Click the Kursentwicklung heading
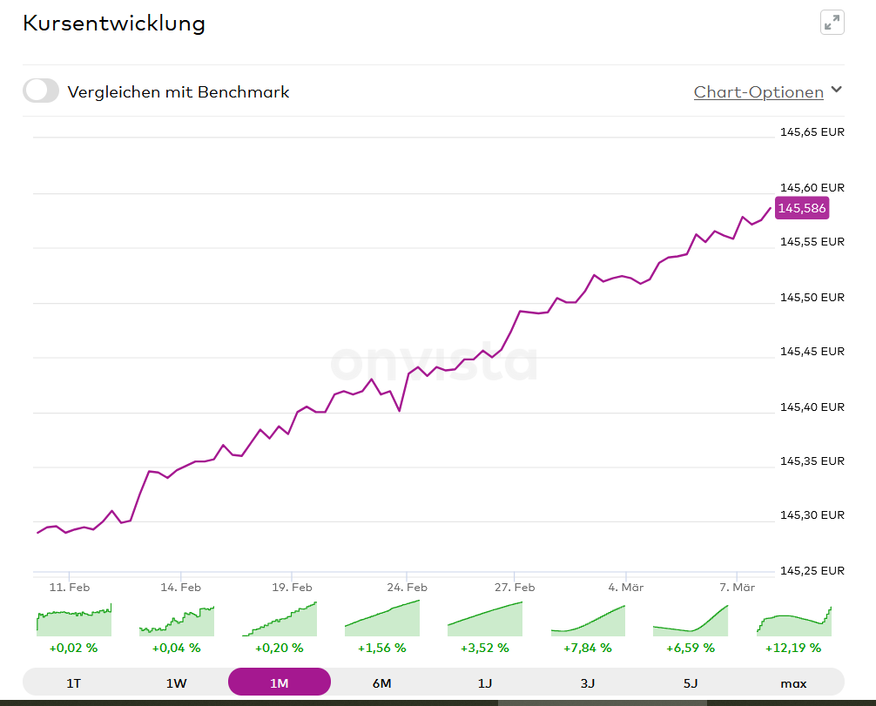114,24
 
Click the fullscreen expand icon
832,23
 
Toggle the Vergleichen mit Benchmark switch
41,91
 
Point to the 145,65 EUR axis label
812,133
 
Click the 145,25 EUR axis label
812,571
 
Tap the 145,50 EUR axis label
812,298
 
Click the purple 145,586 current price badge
802,208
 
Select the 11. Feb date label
70,587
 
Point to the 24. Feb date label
407,587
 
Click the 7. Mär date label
737,587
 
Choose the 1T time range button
74,683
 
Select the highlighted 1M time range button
280,683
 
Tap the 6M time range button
382,683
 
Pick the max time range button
793,683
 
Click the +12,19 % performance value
793,648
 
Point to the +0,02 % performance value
74,648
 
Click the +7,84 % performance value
588,648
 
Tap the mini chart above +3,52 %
485,619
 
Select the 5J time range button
691,683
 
